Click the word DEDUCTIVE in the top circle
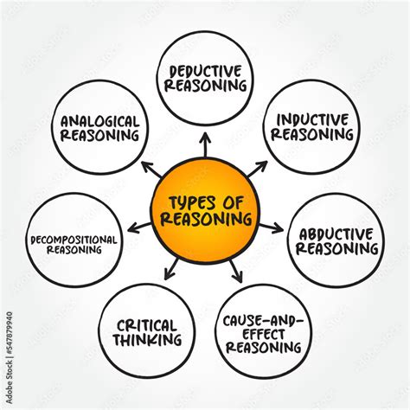click(x=205, y=71)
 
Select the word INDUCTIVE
click(x=312, y=120)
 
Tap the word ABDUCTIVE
click(x=336, y=234)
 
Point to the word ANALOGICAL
click(x=99, y=121)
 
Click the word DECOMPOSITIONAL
click(x=74, y=240)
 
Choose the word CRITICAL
click(x=146, y=326)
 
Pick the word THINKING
click(x=147, y=340)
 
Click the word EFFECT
click(x=263, y=335)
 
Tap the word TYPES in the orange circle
click(x=192, y=202)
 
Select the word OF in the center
click(x=233, y=202)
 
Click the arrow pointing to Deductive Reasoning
click(x=205, y=144)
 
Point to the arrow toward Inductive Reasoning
click(x=258, y=169)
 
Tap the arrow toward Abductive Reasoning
click(x=271, y=227)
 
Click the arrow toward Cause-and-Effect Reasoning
click(x=236, y=272)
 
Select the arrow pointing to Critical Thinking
click(x=171, y=269)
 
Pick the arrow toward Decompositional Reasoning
click(x=139, y=227)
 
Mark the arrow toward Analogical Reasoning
click(x=151, y=170)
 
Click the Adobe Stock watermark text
click(x=10, y=357)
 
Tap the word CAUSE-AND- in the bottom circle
click(x=263, y=321)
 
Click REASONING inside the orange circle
click(x=206, y=219)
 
